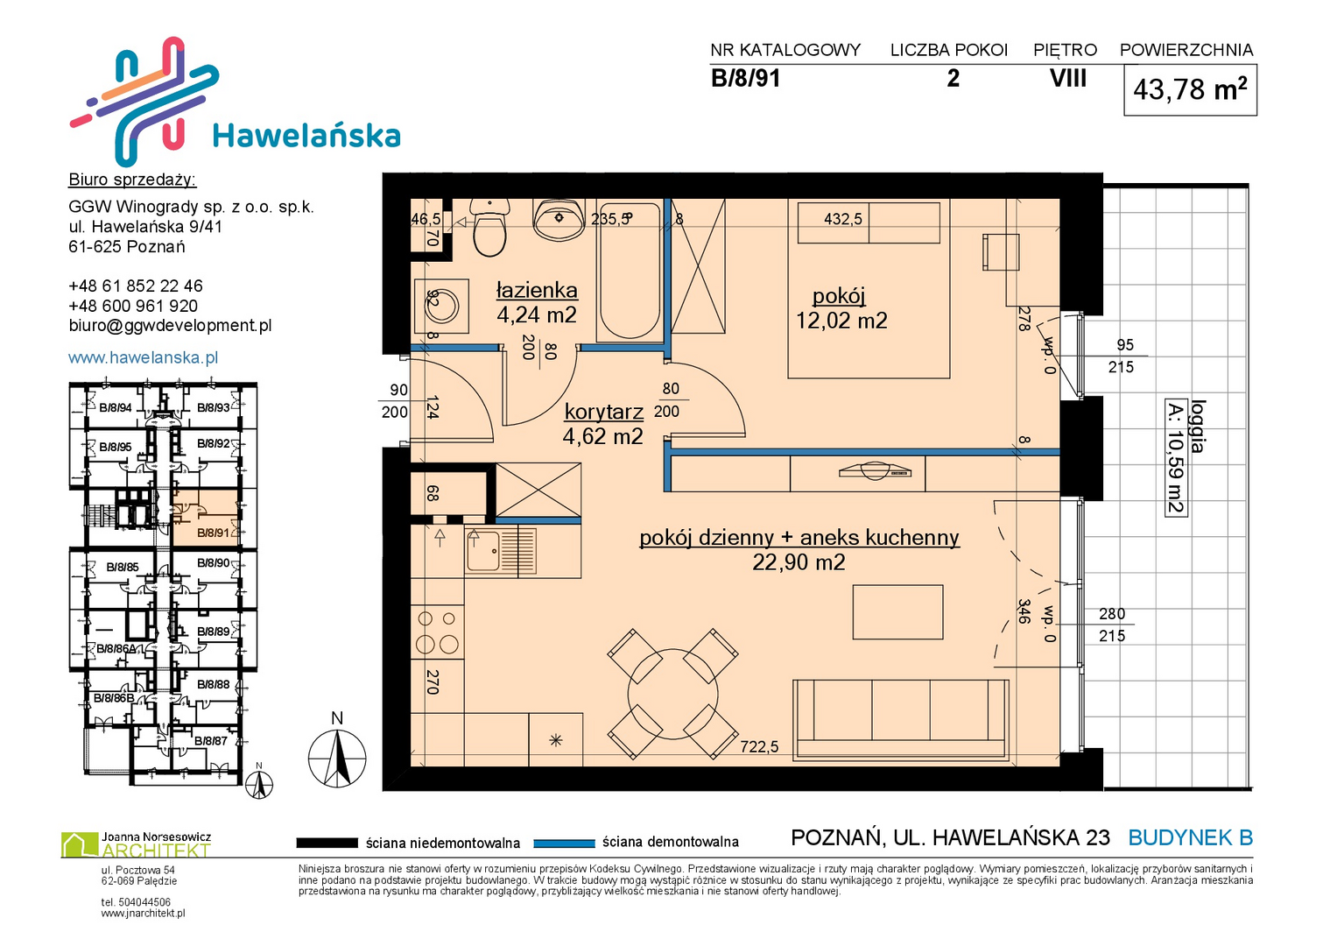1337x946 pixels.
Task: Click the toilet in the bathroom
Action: click(x=489, y=228)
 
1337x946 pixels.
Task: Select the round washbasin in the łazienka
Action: click(x=559, y=219)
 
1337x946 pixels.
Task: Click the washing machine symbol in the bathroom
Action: click(x=441, y=306)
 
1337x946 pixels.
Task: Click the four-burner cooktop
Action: click(x=438, y=632)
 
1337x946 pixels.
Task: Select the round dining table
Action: click(x=672, y=694)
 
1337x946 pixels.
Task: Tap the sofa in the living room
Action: click(x=901, y=720)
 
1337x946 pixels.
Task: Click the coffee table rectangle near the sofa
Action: click(x=897, y=612)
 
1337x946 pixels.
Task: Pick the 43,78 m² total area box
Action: click(x=1190, y=89)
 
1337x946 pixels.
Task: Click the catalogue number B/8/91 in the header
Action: click(x=745, y=79)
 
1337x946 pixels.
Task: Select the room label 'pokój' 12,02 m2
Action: click(x=841, y=308)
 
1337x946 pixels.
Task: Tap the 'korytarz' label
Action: click(x=603, y=412)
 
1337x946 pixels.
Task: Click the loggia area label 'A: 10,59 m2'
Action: click(x=1176, y=457)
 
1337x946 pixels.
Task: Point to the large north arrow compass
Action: click(x=337, y=753)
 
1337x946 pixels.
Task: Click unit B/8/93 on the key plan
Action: click(x=213, y=408)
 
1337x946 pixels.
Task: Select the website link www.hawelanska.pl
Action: click(x=144, y=357)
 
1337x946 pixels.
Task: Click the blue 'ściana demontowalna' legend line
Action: click(x=564, y=844)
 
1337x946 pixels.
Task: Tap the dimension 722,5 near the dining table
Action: click(x=759, y=746)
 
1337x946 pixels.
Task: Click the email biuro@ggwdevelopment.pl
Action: click(x=170, y=326)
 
